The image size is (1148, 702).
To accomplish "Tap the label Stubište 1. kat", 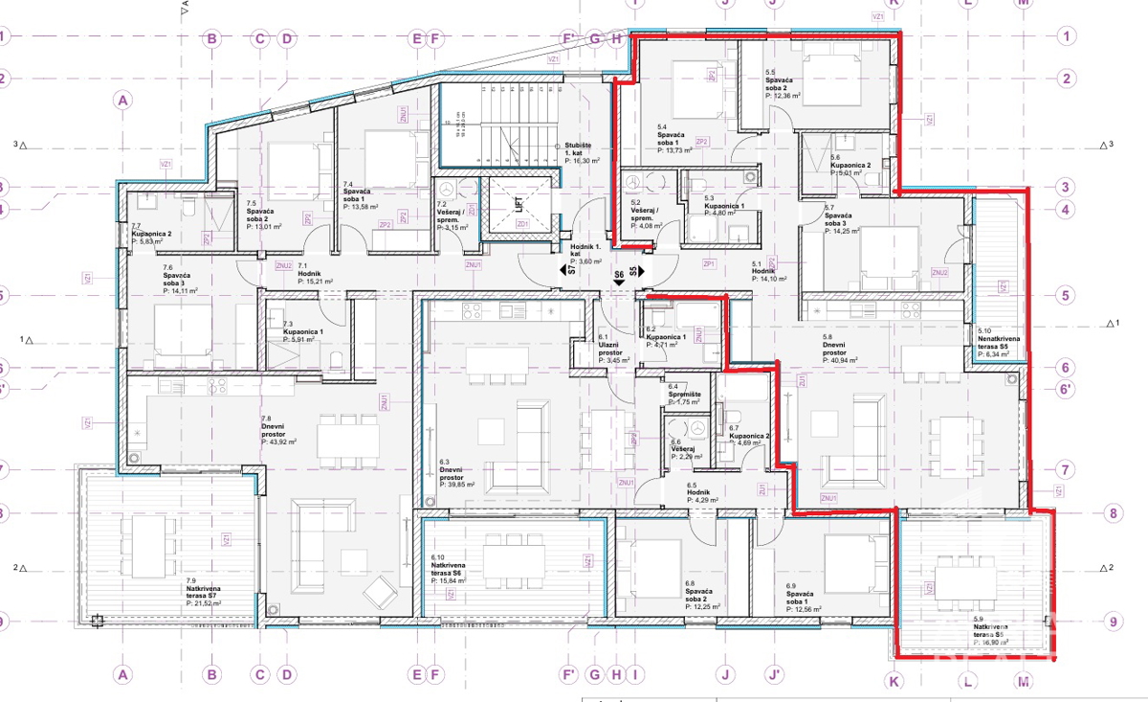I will [x=581, y=149].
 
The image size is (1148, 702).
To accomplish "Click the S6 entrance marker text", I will [x=619, y=275].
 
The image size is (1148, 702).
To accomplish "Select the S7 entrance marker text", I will [x=571, y=271].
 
